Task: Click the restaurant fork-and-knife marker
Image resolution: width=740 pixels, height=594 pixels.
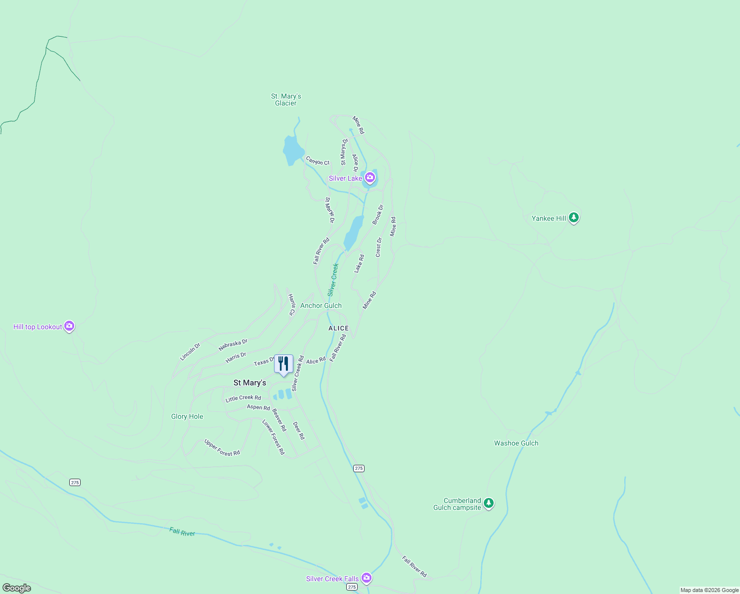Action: coord(283,364)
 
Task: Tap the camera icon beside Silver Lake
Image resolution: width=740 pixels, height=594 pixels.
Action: coord(370,177)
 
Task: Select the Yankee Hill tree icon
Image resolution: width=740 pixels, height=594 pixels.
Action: coord(574,217)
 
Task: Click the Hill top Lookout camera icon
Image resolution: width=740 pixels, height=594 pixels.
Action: coord(70,326)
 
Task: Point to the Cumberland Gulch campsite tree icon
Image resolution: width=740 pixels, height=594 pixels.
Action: coord(489,503)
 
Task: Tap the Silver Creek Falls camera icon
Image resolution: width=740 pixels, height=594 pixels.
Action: coord(367,578)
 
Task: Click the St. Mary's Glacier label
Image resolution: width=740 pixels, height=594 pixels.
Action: coord(286,99)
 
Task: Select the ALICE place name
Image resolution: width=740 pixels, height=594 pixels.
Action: coord(339,328)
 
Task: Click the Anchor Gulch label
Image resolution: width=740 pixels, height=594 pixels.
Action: coord(321,305)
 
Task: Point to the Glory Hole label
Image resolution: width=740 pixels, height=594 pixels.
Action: coord(187,416)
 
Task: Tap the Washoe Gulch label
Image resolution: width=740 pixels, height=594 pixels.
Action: coord(516,443)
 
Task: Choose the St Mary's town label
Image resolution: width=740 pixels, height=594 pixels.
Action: coord(250,383)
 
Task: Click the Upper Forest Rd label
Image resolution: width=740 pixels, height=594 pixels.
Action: coord(222,447)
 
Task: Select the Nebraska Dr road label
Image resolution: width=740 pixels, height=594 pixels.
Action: coord(233,345)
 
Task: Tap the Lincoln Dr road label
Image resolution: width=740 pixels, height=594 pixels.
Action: coord(190,351)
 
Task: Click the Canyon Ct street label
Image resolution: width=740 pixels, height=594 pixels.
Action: coord(318,161)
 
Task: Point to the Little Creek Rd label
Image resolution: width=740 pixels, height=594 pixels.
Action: coord(243,398)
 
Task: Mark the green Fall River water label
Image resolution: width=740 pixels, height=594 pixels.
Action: coord(182,532)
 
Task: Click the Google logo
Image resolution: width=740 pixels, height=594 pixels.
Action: coord(16,588)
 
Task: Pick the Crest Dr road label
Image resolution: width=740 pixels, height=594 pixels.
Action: coord(379,247)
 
